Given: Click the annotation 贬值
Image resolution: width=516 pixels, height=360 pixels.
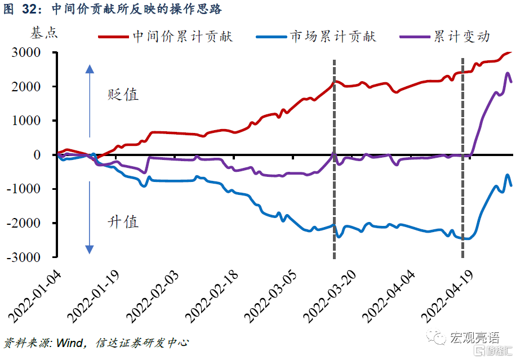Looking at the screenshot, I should tap(123, 94).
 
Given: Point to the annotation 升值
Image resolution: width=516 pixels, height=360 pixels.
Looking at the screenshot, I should tap(123, 221).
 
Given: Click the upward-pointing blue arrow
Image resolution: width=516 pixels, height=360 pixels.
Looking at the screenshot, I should tap(89, 101).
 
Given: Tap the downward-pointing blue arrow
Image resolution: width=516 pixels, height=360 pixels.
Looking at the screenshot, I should tap(89, 217).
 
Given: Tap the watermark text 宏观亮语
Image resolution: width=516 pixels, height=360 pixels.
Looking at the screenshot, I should tap(474, 337).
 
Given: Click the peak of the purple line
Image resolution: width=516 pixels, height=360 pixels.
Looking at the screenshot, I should tap(507, 73).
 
